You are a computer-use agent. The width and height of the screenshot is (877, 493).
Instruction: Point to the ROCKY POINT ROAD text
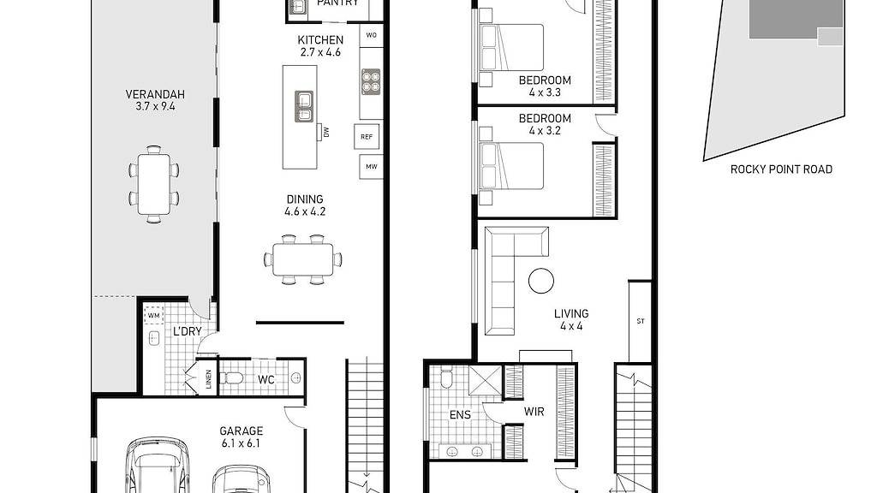point(781,169)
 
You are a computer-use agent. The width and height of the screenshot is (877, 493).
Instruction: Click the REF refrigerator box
point(367,137)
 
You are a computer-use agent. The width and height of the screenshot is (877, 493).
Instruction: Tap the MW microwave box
point(371,166)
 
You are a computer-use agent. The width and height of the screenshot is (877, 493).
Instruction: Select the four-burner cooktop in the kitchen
point(371,82)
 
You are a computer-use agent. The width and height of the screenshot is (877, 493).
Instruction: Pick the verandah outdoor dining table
point(153,184)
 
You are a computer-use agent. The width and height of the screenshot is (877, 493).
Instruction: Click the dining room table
point(303,258)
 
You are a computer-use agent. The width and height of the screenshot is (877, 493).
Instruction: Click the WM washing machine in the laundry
point(154,316)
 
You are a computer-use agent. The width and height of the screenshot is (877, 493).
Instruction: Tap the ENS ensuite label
point(460,416)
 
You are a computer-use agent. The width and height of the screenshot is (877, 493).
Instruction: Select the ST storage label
point(640,322)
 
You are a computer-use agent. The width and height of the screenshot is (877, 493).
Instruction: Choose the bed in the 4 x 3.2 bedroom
point(512,165)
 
